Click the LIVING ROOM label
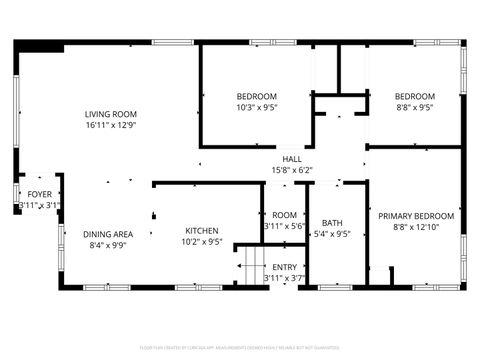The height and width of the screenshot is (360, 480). (x=111, y=115)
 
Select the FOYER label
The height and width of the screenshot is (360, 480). (x=39, y=194)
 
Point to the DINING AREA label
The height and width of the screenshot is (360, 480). (x=108, y=234)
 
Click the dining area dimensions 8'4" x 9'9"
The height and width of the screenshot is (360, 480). (x=108, y=245)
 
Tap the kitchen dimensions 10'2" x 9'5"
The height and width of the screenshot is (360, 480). (x=202, y=241)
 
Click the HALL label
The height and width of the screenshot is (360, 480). (x=291, y=159)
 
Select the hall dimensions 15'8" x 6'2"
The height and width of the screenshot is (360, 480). (x=291, y=170)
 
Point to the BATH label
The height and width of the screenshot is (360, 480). (x=332, y=223)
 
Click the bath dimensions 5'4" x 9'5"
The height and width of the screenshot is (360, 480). (x=332, y=235)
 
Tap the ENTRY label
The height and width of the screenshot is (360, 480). (x=285, y=267)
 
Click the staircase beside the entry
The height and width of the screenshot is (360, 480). (x=249, y=267)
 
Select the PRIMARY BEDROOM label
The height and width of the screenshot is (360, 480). (x=415, y=215)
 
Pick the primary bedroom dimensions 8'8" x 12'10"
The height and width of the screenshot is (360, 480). (x=415, y=227)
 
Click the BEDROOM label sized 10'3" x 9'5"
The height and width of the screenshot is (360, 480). (x=257, y=96)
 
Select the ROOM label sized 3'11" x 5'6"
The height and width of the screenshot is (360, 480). (x=285, y=215)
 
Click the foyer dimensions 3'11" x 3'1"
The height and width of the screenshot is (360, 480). (x=39, y=205)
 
